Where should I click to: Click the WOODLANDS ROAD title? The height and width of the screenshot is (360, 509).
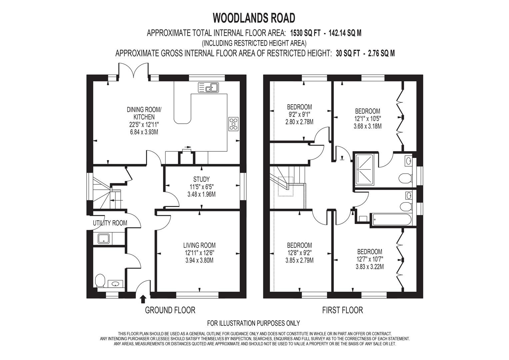[x=254, y=18]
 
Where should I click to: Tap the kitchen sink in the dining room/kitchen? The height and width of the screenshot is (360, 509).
[x=208, y=87]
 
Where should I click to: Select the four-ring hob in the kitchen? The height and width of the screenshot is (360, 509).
[x=233, y=123]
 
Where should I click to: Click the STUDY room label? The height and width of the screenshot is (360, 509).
[x=201, y=179]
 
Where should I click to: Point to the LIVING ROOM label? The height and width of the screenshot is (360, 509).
[x=199, y=245]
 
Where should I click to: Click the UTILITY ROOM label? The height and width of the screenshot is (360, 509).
[x=110, y=223]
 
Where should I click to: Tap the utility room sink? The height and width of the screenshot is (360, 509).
[x=104, y=238]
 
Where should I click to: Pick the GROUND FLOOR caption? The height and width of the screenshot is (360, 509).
[x=170, y=310]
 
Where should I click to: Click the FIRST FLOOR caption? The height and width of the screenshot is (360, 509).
[x=342, y=310]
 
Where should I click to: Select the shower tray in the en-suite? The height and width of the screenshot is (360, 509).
[x=366, y=169]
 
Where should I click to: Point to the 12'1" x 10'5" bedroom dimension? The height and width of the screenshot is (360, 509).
[x=367, y=119]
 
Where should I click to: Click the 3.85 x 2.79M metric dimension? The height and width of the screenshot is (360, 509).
[x=299, y=260]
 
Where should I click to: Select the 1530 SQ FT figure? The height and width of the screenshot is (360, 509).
[x=305, y=33]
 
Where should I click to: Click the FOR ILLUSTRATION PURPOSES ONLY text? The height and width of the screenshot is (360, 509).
[x=253, y=323]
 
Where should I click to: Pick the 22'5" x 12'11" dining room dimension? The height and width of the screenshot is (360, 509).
[x=144, y=125]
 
